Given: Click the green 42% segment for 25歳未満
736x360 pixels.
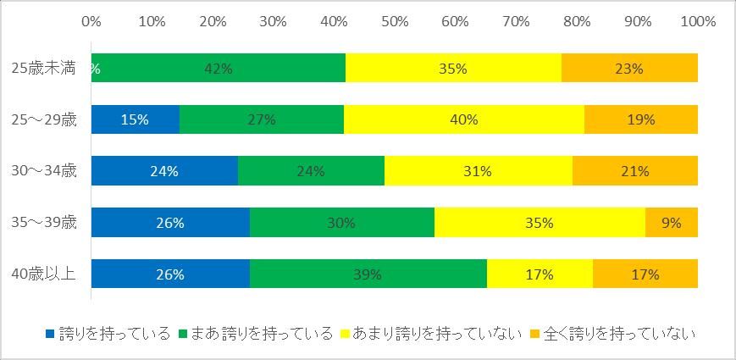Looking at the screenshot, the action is tap(219, 68).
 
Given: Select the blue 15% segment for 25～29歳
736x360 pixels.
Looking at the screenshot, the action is tap(136, 119).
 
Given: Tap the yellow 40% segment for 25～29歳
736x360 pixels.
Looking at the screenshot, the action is tap(464, 119).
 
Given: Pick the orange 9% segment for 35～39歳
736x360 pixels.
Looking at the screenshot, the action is tap(672, 222).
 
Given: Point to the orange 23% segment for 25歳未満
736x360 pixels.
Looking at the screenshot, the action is tap(629, 68).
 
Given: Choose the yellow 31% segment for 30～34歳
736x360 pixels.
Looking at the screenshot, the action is tap(479, 171).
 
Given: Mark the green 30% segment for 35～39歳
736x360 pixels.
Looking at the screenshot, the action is tap(341, 222).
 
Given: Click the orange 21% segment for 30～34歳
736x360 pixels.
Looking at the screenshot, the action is tap(635, 171).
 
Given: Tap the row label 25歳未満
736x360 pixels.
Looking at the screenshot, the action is tap(44, 68).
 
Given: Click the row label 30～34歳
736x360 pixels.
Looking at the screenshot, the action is tap(44, 171).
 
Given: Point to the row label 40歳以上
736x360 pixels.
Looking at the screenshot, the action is tap(44, 274).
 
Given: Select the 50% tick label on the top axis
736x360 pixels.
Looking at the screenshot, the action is tap(395, 21).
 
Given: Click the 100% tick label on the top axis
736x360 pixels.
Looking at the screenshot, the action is tap(698, 21).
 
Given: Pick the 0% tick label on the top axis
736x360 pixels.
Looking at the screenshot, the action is tap(91, 21).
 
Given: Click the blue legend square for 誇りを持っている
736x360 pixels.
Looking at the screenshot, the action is tap(50, 334).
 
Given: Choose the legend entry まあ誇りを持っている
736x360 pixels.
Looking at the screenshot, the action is tap(256, 334).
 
